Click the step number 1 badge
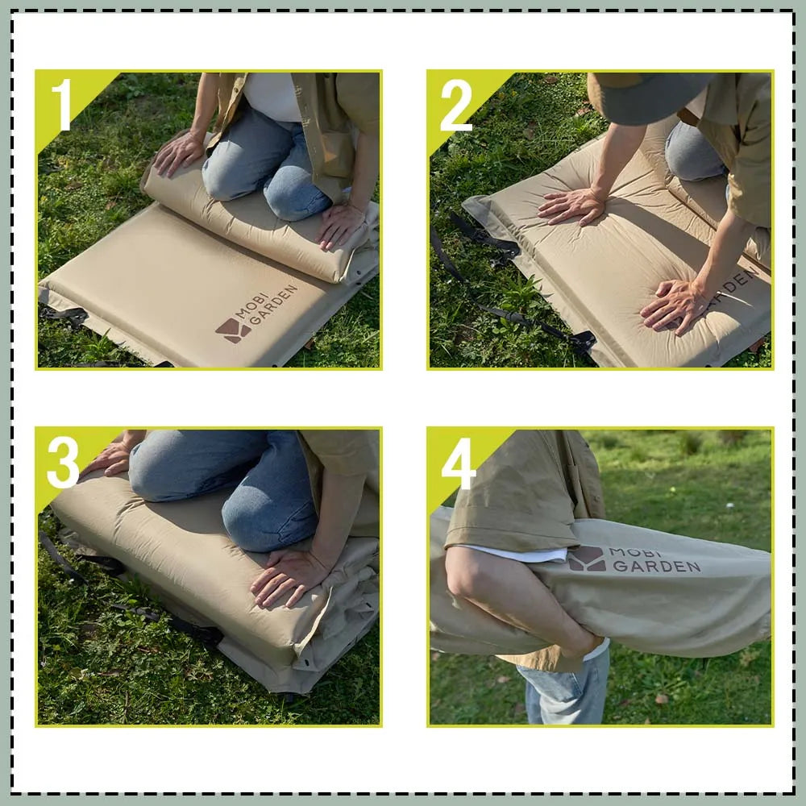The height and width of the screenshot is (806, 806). [x=62, y=104]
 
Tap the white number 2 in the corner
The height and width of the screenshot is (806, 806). [x=455, y=105]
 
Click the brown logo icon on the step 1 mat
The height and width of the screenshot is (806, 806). [x=232, y=330]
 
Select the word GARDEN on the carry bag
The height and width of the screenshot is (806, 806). [x=656, y=567]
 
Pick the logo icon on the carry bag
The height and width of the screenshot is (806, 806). [x=587, y=559]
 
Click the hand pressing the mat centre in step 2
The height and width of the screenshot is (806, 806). [x=572, y=206]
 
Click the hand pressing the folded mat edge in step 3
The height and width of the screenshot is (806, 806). [x=288, y=576]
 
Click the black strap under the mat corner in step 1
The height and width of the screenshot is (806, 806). [x=64, y=315]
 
